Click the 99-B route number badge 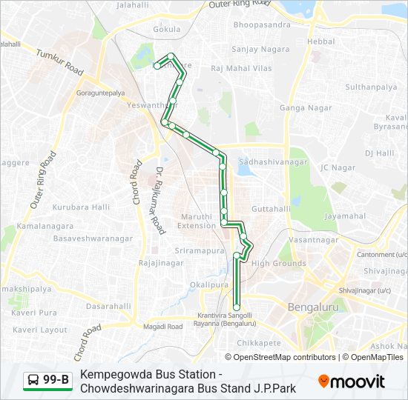[48, 381]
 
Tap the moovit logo [352, 381]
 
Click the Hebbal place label [321, 41]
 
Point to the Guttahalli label [271, 209]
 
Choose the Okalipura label [208, 284]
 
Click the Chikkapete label [259, 343]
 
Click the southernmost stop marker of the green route [237, 307]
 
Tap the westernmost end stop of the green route [157, 66]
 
